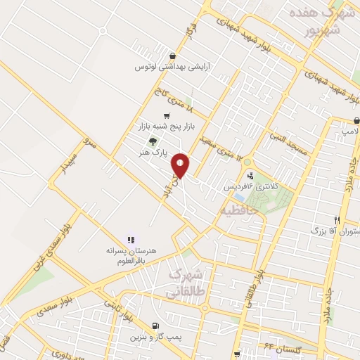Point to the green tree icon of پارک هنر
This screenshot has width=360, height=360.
pos(153,139)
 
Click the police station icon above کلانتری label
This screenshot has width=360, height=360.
pos(250,176)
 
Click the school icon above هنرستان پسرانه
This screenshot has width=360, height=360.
pos(130,239)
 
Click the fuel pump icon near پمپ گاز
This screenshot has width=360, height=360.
pos(154,326)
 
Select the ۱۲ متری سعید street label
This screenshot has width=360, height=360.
pos(224,146)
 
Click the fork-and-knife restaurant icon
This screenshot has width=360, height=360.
pos(337,219)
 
